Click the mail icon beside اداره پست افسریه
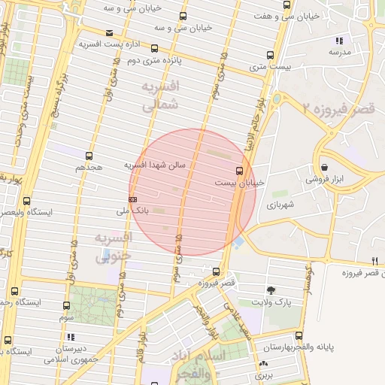click(x=111, y=32)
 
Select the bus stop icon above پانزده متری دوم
click(x=183, y=16)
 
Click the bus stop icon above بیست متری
click(x=270, y=55)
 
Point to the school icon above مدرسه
click(x=339, y=41)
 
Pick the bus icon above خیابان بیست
click(x=239, y=171)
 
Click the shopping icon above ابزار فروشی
click(x=323, y=168)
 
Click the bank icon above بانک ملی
click(x=133, y=199)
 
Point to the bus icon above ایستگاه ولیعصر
click(x=27, y=201)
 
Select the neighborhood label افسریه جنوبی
click(x=113, y=246)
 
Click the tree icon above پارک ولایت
click(x=271, y=290)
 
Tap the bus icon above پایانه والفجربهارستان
click(x=299, y=335)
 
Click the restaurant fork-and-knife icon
click(x=374, y=261)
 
